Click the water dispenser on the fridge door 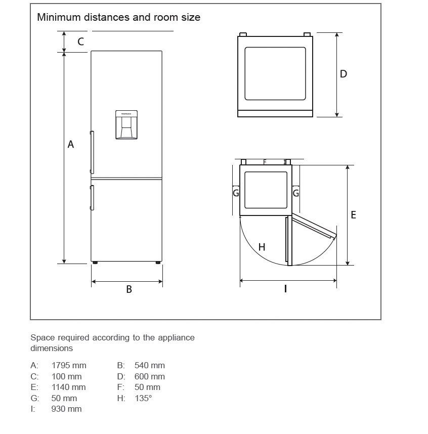point(126,124)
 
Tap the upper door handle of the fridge point(92,152)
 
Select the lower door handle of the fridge point(92,197)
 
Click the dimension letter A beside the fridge point(71,144)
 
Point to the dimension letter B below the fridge point(129,289)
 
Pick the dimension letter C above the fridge point(81,41)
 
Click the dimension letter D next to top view point(344,74)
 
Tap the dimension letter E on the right point(354,215)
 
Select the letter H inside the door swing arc point(262,247)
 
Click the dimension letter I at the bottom point(285,289)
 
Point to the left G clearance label point(236,193)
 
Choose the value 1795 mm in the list point(69,365)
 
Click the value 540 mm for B point(150,365)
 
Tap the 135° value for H point(143,398)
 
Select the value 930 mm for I point(66,409)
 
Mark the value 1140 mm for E point(69,387)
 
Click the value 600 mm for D point(150,376)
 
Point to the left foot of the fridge point(95,263)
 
